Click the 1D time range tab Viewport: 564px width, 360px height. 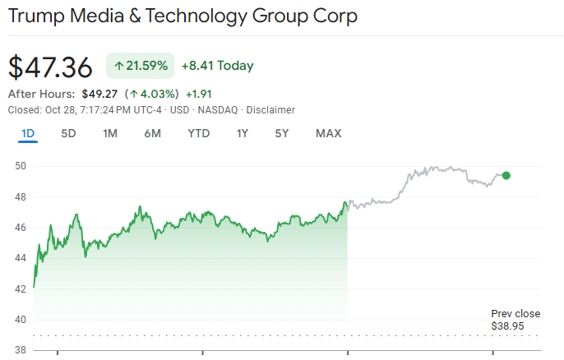tap(28, 133)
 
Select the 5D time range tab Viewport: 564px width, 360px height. tap(69, 133)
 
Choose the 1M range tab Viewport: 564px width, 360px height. tap(110, 133)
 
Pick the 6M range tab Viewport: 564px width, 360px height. tap(152, 133)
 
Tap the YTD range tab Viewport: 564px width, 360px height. tap(198, 133)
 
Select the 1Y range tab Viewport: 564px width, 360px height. tap(242, 133)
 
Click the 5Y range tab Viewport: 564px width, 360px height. tap(282, 133)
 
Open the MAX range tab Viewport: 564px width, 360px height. tap(328, 133)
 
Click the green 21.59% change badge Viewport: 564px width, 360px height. tap(140, 66)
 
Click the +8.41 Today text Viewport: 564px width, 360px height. tap(217, 66)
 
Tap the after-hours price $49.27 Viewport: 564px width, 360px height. tap(101, 94)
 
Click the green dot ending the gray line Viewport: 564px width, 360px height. tap(506, 175)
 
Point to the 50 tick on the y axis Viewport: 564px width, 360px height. tap(21, 166)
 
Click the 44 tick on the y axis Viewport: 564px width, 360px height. tap(21, 258)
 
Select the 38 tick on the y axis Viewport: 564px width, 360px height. tap(21, 350)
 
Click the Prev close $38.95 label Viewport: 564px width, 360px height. tap(515, 320)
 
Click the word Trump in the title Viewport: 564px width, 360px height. tap(38, 16)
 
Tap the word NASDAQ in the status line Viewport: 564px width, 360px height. tap(220, 110)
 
